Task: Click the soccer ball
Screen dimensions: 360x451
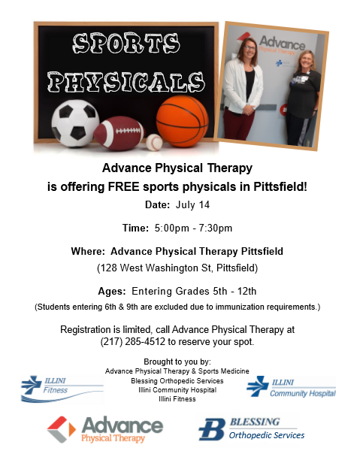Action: tap(75, 123)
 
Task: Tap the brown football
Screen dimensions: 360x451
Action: tap(119, 133)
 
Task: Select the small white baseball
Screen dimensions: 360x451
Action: tap(154, 142)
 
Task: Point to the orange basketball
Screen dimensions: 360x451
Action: tap(182, 121)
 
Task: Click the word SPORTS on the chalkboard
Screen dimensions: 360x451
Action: tap(126, 44)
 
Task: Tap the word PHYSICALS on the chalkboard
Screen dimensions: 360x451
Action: tap(126, 82)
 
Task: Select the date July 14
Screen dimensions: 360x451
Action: tap(192, 204)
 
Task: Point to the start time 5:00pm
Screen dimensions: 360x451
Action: tap(171, 228)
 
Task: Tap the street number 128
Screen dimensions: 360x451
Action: tap(109, 268)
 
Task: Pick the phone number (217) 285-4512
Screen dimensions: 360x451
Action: tap(132, 342)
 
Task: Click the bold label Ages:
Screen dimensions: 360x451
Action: tap(112, 292)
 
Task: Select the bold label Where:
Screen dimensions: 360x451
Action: tap(88, 251)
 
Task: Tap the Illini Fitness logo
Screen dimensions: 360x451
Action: tap(62, 389)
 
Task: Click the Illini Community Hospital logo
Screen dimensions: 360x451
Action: tap(291, 387)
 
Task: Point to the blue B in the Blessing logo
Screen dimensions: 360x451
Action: tap(212, 429)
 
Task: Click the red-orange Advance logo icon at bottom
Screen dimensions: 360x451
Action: tap(61, 429)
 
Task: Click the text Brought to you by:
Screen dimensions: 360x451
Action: tap(177, 362)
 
